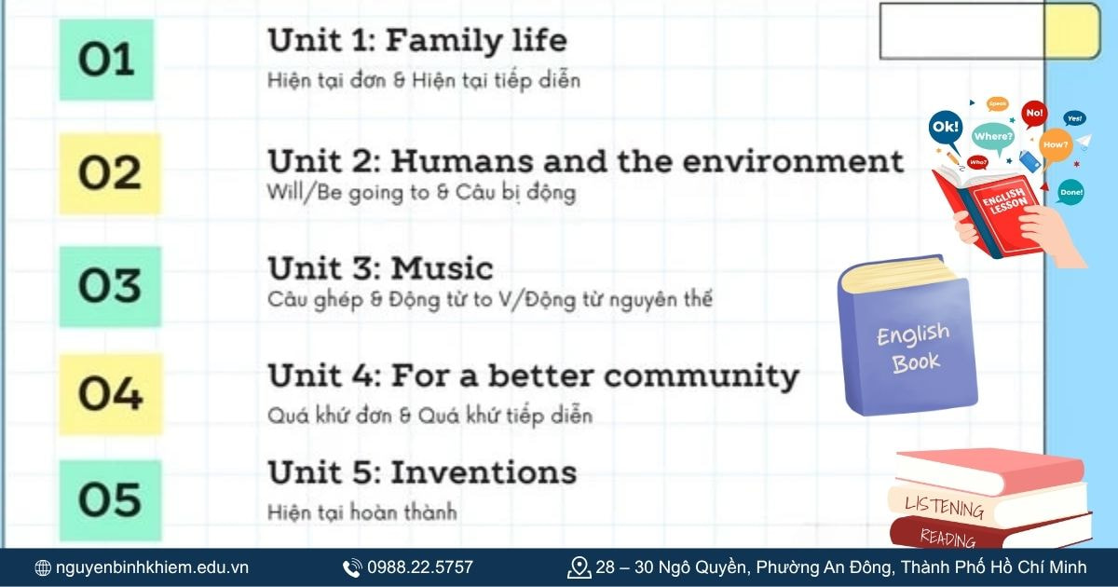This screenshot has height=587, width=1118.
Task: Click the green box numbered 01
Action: (x=106, y=60)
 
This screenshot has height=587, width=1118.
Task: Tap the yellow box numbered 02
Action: (x=110, y=173)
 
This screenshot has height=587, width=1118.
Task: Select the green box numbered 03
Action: (x=110, y=287)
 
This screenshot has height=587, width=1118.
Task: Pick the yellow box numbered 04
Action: (x=111, y=394)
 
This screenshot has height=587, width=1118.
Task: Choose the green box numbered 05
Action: (x=110, y=500)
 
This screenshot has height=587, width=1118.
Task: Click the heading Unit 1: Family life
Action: (x=417, y=40)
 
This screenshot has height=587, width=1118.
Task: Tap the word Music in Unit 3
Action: (x=443, y=268)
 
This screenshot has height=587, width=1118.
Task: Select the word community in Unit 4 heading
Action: (x=702, y=376)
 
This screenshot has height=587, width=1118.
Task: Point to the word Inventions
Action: (x=484, y=472)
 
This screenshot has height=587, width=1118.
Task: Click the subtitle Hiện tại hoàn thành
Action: (x=362, y=512)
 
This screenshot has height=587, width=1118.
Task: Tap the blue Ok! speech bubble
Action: (x=946, y=129)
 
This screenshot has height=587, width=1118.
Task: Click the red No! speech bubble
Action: (x=1034, y=114)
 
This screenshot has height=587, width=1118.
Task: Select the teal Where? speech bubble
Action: (x=993, y=137)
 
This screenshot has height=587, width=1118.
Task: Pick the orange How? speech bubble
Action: (x=1055, y=145)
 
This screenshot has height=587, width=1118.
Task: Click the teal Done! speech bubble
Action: (x=1070, y=192)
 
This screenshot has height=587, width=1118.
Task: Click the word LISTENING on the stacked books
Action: (x=945, y=508)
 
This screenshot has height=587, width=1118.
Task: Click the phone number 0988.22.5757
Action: (x=420, y=567)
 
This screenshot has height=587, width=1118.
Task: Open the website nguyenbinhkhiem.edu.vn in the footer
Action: (x=152, y=567)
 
